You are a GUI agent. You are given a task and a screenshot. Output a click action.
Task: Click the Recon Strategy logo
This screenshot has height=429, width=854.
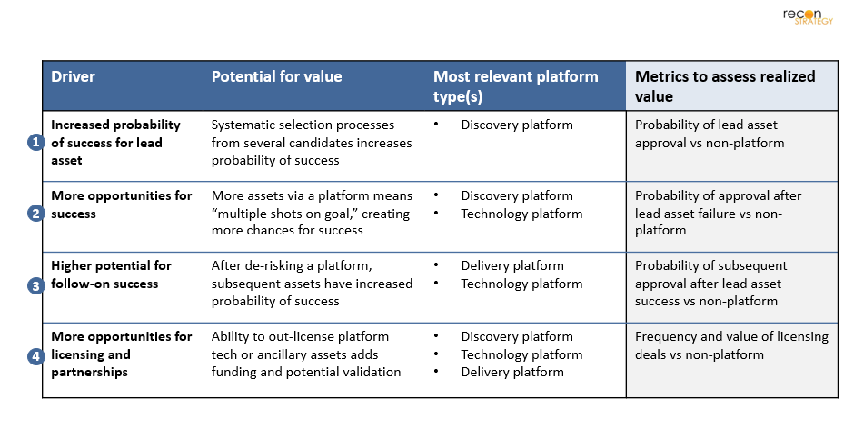[x=808, y=16]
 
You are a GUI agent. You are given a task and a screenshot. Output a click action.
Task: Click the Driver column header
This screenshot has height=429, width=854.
[x=73, y=76]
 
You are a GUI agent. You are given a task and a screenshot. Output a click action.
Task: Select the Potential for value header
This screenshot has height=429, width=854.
[x=277, y=76]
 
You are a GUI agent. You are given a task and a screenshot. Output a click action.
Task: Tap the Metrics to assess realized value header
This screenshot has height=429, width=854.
[x=725, y=86]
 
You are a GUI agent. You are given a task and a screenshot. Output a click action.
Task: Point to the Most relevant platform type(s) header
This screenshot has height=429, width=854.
[x=515, y=86]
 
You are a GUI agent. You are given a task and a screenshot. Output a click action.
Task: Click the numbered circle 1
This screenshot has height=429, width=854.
[x=36, y=143]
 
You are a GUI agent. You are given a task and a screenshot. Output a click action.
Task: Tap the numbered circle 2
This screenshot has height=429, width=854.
[x=36, y=214]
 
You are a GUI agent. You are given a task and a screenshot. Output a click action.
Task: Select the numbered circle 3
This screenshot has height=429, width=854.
[x=36, y=285]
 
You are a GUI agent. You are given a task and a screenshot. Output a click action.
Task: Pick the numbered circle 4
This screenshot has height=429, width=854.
[x=36, y=356]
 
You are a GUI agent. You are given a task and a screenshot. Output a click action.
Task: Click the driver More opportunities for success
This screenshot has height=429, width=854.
[x=122, y=205]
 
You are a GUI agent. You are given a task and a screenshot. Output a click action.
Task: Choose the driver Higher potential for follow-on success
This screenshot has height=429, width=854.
[x=111, y=274]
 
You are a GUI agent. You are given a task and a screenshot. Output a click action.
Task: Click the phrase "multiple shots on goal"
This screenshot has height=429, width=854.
[x=283, y=214]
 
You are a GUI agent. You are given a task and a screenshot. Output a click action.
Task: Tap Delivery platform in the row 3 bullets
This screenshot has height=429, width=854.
[x=512, y=266]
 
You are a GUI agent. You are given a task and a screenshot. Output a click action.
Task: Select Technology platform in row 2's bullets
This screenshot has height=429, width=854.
[x=521, y=214]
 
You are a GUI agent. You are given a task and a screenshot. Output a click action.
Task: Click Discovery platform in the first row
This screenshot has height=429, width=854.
[x=517, y=125]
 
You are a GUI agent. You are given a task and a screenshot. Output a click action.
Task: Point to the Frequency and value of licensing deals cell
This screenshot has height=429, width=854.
[x=731, y=345]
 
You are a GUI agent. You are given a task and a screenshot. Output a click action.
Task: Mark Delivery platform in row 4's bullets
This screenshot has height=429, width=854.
[x=512, y=373]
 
